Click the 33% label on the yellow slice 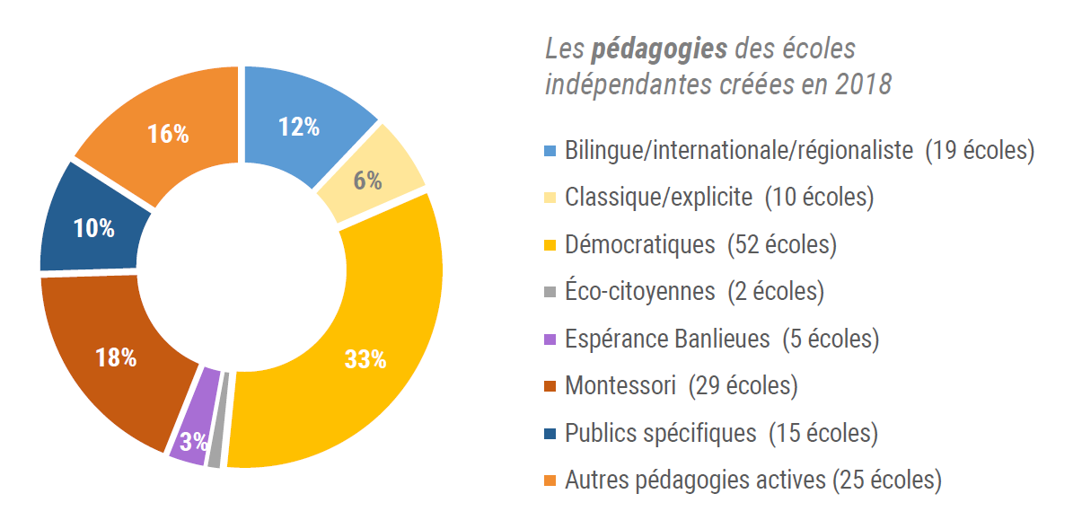click(365, 360)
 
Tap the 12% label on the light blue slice click(299, 128)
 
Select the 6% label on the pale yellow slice click(367, 181)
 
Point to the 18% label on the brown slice click(116, 357)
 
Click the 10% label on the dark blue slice click(94, 228)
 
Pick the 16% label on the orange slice click(168, 135)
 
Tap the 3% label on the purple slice click(193, 441)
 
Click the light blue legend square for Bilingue click(550, 150)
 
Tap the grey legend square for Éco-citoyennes click(550, 292)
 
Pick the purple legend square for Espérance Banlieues click(550, 339)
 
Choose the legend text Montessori click(620, 386)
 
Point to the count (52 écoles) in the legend click(782, 244)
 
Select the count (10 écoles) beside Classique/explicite click(819, 198)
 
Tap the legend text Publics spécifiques click(660, 433)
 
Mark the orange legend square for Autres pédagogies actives click(550, 481)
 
